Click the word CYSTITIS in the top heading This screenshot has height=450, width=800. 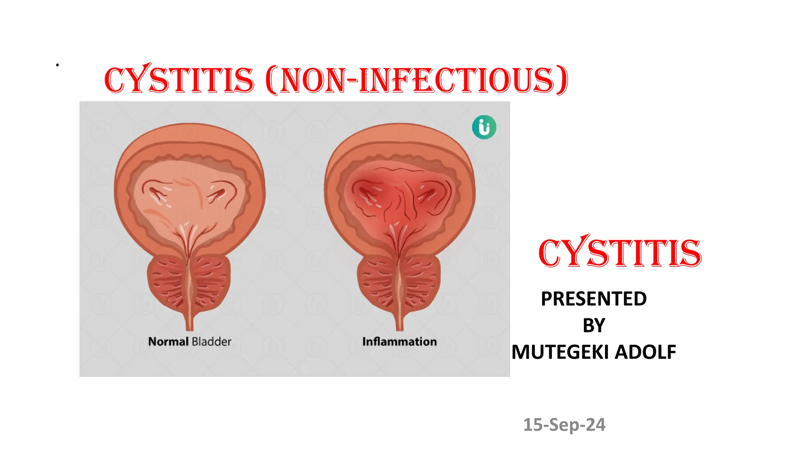click(x=179, y=80)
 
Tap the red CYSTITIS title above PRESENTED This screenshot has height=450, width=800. click(x=620, y=253)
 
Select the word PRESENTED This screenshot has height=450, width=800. click(x=594, y=299)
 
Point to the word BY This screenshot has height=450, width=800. click(x=594, y=325)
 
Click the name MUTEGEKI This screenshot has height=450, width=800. click(x=561, y=352)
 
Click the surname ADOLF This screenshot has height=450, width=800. click(x=645, y=352)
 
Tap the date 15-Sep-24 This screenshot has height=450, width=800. click(x=564, y=425)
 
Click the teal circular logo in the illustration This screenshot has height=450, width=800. click(x=484, y=127)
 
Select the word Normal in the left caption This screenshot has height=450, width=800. click(x=168, y=342)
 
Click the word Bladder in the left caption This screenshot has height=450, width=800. click(x=212, y=342)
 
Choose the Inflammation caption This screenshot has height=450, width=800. click(x=399, y=342)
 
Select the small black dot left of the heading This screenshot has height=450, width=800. click(x=57, y=65)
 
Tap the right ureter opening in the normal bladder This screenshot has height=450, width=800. click(x=219, y=193)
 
